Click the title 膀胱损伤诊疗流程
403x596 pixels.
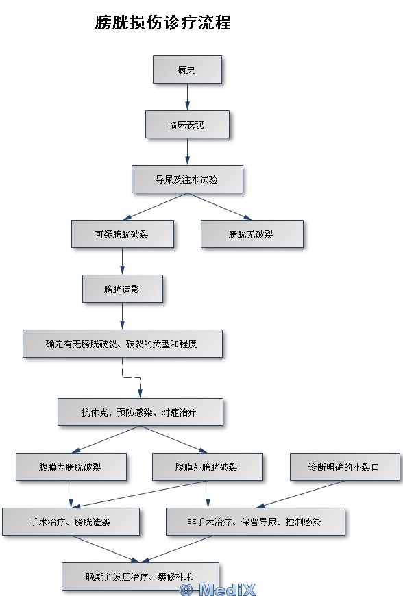click(x=162, y=23)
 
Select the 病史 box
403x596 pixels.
click(x=187, y=70)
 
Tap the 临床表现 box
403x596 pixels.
click(x=187, y=124)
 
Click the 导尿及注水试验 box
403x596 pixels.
click(x=187, y=179)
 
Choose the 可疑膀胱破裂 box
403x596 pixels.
click(x=123, y=234)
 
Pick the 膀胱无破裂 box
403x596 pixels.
click(x=252, y=234)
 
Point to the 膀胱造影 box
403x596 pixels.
click(x=123, y=289)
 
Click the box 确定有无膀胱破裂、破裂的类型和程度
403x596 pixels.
click(x=123, y=344)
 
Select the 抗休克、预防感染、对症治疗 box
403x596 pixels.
click(x=141, y=412)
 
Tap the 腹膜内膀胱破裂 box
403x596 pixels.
click(x=71, y=467)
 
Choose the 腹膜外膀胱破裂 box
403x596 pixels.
click(x=208, y=467)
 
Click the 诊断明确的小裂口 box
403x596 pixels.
click(x=345, y=467)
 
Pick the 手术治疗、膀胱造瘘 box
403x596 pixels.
click(x=71, y=521)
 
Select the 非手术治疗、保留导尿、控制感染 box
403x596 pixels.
click(x=256, y=521)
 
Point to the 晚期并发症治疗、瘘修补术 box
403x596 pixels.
click(x=141, y=576)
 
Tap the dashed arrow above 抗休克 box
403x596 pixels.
click(x=132, y=378)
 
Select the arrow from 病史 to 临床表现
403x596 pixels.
click(x=187, y=97)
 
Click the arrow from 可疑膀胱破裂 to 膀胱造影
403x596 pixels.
click(x=123, y=262)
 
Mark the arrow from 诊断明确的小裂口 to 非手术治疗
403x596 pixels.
click(x=300, y=494)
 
